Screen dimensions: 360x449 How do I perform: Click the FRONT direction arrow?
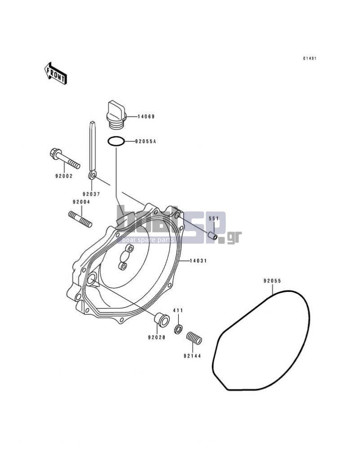point(56,73)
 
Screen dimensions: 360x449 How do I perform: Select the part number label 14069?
point(146,117)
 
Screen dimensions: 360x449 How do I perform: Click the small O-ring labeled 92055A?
point(116,141)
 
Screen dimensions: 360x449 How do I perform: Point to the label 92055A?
point(145,141)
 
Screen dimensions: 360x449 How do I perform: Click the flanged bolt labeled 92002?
point(65,158)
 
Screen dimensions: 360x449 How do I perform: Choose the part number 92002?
point(64,176)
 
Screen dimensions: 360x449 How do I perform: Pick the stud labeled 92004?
point(80,219)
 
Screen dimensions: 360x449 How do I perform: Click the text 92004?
point(81,202)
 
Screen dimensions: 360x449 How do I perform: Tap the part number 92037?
point(91,194)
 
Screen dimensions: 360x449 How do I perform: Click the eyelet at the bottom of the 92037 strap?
point(92,175)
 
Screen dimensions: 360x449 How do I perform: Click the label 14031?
point(198,261)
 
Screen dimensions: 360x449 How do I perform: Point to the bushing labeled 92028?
point(162,321)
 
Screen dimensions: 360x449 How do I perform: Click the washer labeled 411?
point(178,329)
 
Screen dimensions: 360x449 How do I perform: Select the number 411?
point(178,310)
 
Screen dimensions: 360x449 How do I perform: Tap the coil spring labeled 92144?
point(194,338)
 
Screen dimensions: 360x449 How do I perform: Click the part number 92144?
point(192,356)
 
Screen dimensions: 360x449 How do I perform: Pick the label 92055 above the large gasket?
point(272,281)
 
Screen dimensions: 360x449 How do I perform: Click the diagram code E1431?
point(310,59)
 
